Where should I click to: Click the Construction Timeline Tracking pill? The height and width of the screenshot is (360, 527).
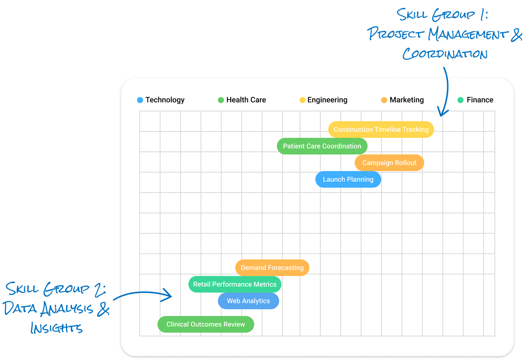[x=381, y=129]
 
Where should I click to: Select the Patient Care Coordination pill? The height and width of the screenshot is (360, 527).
[x=322, y=146]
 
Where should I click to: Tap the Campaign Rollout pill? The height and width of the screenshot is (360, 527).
[x=389, y=163]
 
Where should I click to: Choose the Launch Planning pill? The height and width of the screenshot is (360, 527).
[x=348, y=179]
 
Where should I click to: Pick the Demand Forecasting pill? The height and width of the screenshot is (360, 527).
[x=272, y=268]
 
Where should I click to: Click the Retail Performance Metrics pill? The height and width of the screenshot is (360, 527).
[x=235, y=284]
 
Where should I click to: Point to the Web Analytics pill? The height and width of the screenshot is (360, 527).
[x=248, y=301]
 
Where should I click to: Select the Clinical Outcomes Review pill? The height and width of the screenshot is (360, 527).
[x=206, y=324]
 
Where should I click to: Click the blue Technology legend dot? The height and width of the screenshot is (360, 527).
[x=140, y=100]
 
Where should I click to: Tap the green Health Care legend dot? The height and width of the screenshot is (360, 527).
[x=221, y=100]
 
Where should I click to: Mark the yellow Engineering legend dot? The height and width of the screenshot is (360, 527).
[x=302, y=100]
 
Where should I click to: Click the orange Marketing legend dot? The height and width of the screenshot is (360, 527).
[x=384, y=100]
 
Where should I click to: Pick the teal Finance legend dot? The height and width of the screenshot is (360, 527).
[x=460, y=100]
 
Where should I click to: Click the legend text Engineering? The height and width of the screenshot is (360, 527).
[x=327, y=100]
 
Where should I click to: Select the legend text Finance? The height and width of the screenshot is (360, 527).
[x=480, y=100]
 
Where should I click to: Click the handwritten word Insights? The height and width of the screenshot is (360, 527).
[x=56, y=328]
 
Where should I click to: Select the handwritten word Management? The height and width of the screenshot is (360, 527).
[x=468, y=34]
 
